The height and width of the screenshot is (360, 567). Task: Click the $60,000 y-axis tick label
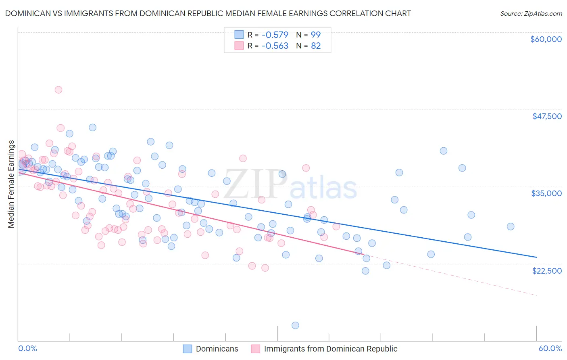click(x=546, y=39)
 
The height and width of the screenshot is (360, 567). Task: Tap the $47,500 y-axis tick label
click(x=547, y=116)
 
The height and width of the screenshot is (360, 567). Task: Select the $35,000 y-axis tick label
click(x=546, y=193)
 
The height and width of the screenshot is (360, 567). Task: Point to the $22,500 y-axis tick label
click(x=547, y=271)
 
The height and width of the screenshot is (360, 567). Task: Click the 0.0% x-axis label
click(x=27, y=349)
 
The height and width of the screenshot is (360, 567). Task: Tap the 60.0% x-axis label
click(x=550, y=349)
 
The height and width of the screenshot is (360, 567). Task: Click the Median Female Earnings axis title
click(x=11, y=184)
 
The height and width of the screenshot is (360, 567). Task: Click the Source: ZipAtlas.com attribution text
click(x=531, y=13)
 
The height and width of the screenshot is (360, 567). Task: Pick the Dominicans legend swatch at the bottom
click(x=188, y=349)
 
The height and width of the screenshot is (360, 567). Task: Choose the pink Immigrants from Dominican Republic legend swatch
click(x=255, y=349)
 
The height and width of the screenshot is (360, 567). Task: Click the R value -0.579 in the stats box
click(x=275, y=35)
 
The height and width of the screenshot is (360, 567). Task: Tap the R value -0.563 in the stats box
click(x=275, y=46)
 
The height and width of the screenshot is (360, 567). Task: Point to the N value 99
click(x=315, y=35)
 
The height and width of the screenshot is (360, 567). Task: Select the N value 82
click(x=315, y=46)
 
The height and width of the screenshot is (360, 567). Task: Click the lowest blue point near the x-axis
click(x=295, y=325)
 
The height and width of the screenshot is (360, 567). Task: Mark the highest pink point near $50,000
click(x=58, y=90)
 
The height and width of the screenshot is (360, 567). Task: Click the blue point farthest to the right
click(x=511, y=226)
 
